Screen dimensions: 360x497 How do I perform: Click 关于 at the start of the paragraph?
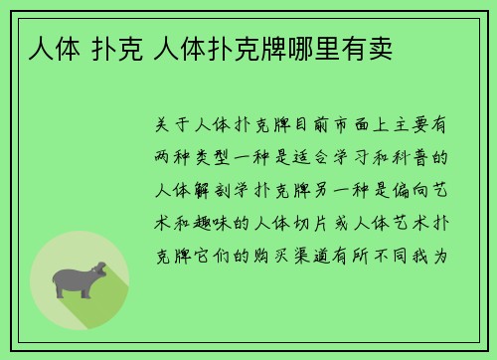(178, 128)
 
